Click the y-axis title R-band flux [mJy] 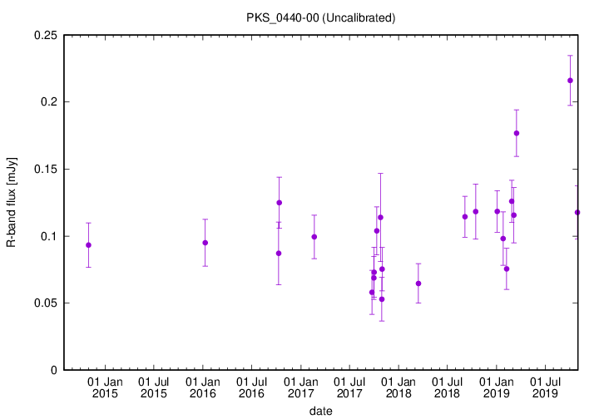[x=12, y=203]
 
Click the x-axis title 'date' [x=320, y=411]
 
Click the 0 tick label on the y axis [x=53, y=370]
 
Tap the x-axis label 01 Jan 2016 [x=203, y=387]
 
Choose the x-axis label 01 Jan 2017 [x=301, y=387]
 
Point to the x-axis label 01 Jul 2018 [x=448, y=387]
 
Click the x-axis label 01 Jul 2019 [x=545, y=387]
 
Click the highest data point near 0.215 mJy [x=570, y=80]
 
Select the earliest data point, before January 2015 [x=88, y=244]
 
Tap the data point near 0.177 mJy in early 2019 [x=517, y=133]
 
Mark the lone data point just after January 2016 [x=205, y=243]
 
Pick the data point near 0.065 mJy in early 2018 [x=418, y=283]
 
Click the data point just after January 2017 [x=314, y=236]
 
